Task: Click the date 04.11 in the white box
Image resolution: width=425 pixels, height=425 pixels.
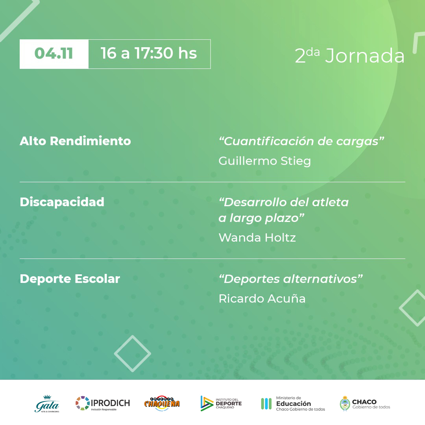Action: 54,54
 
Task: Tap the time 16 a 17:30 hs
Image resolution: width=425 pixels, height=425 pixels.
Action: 149,53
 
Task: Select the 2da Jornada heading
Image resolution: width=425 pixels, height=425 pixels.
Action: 350,55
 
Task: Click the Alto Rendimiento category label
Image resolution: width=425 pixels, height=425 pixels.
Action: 75,141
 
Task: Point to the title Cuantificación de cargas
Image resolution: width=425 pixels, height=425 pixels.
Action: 301,141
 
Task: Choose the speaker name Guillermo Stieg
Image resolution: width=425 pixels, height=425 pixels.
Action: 264,161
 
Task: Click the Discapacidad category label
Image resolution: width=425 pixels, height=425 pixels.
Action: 62,202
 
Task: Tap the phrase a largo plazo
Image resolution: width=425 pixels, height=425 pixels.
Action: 262,218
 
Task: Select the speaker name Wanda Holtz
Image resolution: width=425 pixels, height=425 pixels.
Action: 257,238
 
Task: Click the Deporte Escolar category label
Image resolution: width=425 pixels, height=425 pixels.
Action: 70,279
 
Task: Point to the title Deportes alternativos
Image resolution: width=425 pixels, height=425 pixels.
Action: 290,279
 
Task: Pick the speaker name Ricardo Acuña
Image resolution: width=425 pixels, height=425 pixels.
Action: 262,298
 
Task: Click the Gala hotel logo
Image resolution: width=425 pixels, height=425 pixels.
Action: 47,404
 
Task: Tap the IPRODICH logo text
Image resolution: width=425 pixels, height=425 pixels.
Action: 110,403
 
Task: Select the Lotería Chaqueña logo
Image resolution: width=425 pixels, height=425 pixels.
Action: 162,403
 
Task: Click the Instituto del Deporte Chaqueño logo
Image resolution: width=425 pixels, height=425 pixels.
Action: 221,403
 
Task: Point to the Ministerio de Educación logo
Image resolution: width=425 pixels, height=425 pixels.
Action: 293,404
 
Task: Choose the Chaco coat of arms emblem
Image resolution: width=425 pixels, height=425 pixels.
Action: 345,404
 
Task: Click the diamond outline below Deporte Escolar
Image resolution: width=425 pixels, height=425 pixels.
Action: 133,353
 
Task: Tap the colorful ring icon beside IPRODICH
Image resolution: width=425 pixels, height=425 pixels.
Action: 82,403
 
